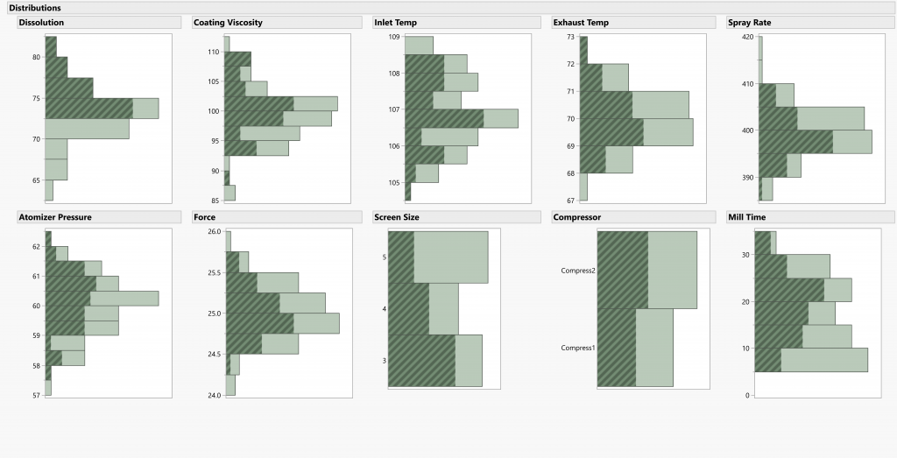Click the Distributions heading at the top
pyautogui.click(x=35, y=7)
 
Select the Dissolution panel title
pyautogui.click(x=41, y=22)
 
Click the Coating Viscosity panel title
pyautogui.click(x=227, y=22)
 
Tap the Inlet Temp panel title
pyautogui.click(x=395, y=22)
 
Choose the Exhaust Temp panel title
pyautogui.click(x=580, y=22)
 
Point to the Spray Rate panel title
pyautogui.click(x=750, y=22)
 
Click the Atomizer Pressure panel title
pyautogui.click(x=55, y=216)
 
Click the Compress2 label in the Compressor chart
pyautogui.click(x=578, y=271)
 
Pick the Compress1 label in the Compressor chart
pyautogui.click(x=578, y=348)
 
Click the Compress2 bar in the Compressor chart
pyautogui.click(x=646, y=270)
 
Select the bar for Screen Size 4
pyautogui.click(x=423, y=308)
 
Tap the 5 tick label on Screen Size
pyautogui.click(x=384, y=257)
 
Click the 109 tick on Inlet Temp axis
pyautogui.click(x=394, y=38)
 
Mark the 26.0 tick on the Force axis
pyautogui.click(x=215, y=232)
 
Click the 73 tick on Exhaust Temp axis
pyautogui.click(x=570, y=38)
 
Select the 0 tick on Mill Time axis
pyautogui.click(x=747, y=396)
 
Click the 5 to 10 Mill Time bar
pyautogui.click(x=811, y=360)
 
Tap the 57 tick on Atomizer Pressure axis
pyautogui.click(x=36, y=396)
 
